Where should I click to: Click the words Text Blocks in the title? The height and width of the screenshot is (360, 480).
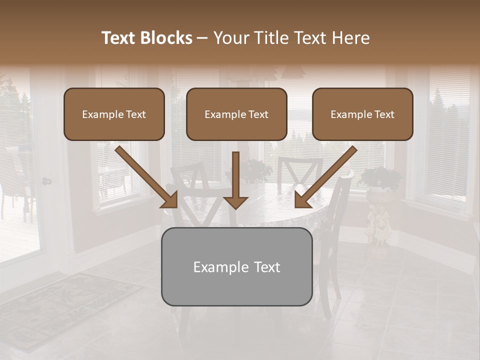tap(146, 38)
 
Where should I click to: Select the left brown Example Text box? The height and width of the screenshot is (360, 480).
tap(114, 114)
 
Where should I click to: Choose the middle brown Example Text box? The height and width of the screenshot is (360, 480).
tap(236, 114)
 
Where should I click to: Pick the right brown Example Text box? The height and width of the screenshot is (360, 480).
tap(362, 114)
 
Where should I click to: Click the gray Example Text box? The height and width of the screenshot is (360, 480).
tap(236, 266)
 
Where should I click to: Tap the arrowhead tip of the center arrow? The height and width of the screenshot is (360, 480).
tap(235, 206)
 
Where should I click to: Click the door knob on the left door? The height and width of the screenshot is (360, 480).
tap(46, 181)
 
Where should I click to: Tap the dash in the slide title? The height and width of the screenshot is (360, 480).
tap(203, 38)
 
